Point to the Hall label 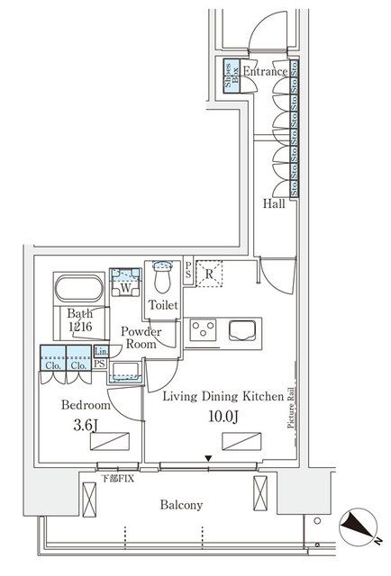click(x=274, y=204)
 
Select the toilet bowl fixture click(x=162, y=275)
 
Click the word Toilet click(x=163, y=305)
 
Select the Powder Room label click(x=142, y=337)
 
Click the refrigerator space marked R click(x=208, y=275)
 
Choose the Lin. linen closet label click(x=101, y=352)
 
